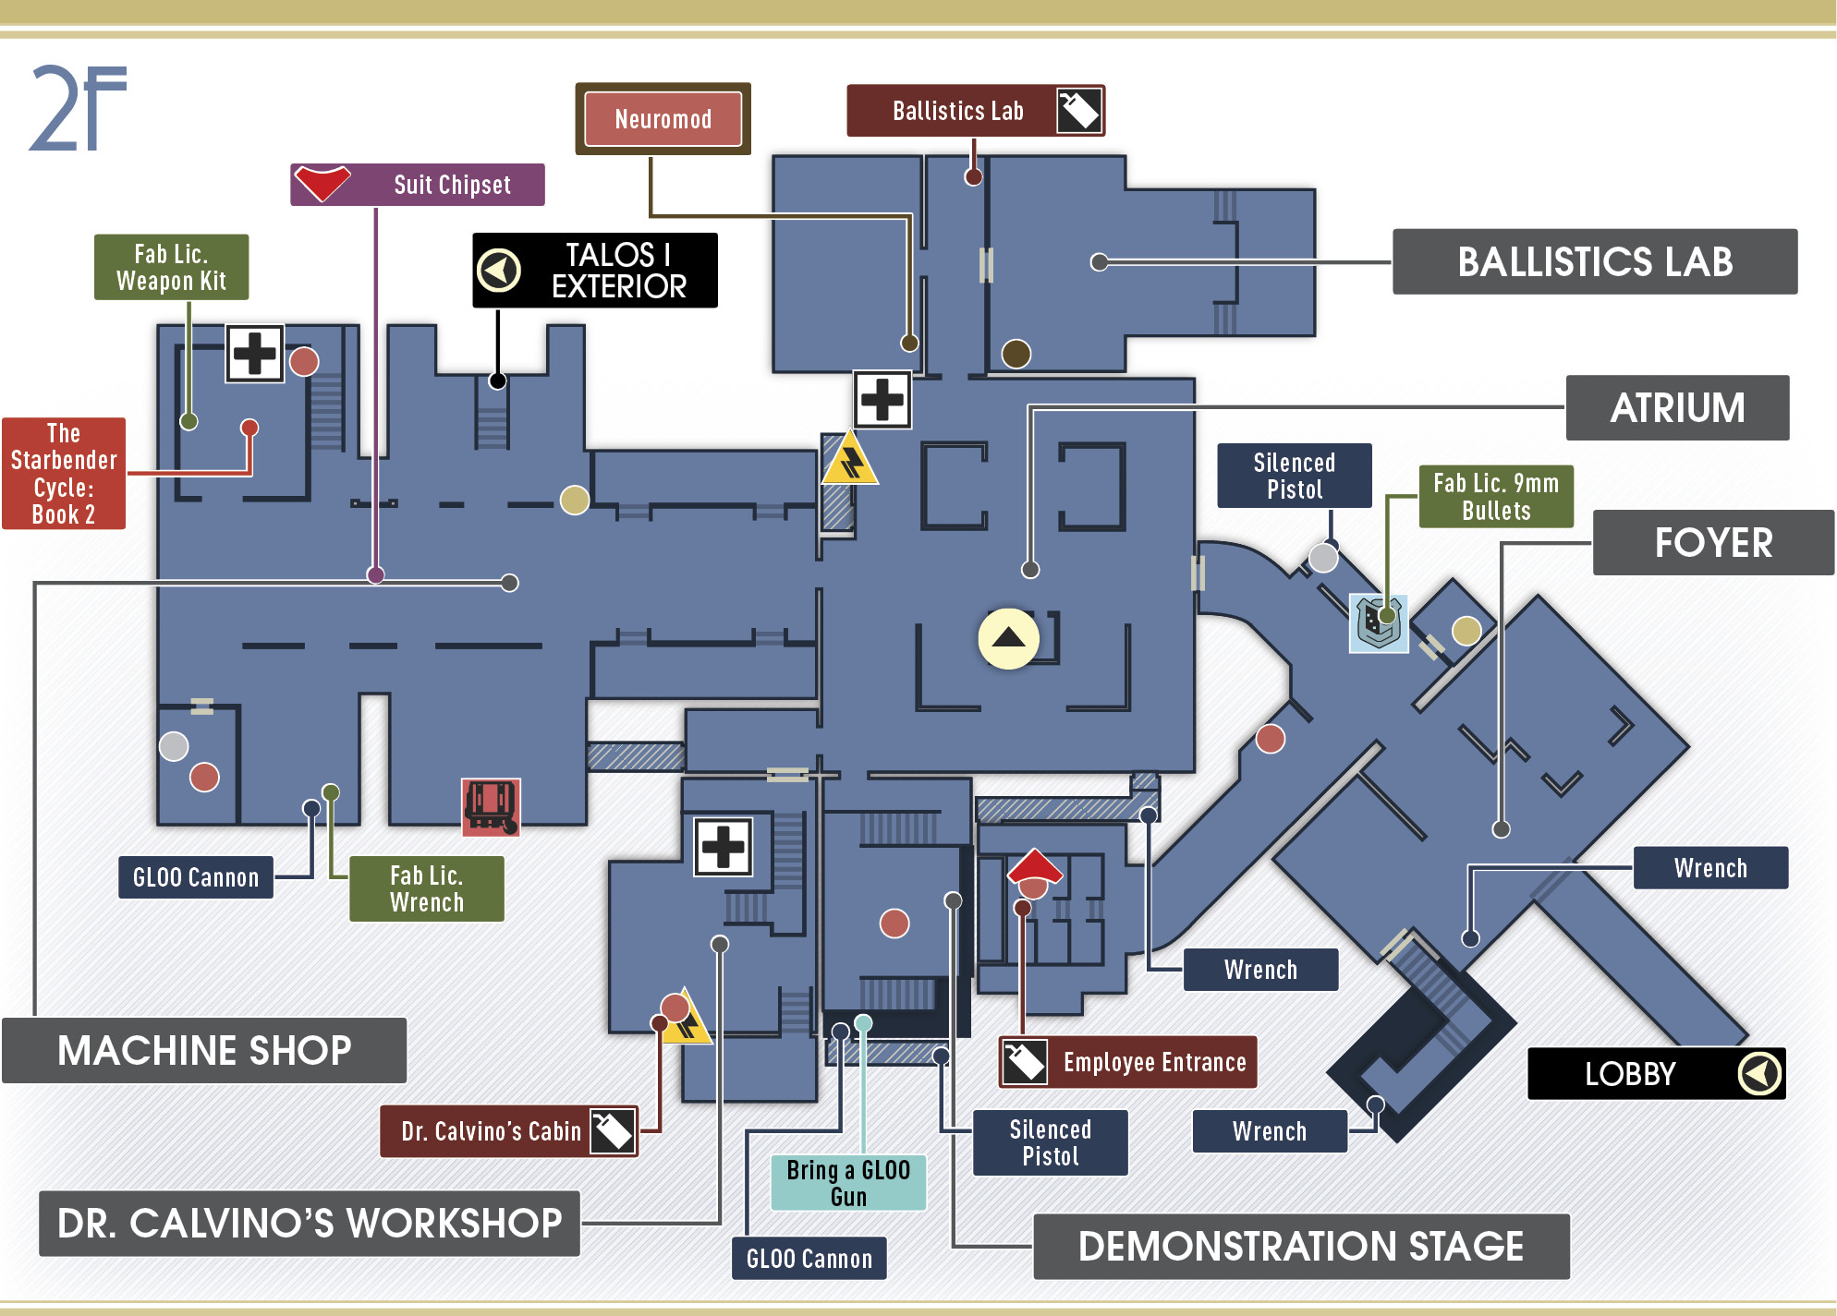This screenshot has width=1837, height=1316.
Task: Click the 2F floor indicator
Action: pos(78,108)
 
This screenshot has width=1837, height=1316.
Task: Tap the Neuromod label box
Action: pos(663,119)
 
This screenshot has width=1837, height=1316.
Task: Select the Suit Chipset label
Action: pos(418,185)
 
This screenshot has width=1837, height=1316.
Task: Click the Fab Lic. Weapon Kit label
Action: pos(171,267)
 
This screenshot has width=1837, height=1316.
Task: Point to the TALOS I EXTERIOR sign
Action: pos(595,270)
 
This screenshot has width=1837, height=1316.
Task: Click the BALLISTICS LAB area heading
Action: pos(1595,261)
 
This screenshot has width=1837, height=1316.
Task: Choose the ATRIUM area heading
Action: pos(1677,407)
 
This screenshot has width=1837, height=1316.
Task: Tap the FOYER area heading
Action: pos(1713,542)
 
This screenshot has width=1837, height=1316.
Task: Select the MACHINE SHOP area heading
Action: pos(204,1050)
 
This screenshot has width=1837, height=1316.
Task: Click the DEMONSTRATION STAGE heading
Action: pos(1301,1246)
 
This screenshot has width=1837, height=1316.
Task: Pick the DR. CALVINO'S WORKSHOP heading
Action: pos(310,1223)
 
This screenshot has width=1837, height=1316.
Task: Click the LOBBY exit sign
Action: pos(1657,1073)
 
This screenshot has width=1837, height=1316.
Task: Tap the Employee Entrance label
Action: pos(1128,1062)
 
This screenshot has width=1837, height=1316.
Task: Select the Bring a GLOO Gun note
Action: pos(848,1183)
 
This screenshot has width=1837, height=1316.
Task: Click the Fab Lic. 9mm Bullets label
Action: pos(1496,497)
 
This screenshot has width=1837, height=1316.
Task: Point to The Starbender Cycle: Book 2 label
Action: pos(64,474)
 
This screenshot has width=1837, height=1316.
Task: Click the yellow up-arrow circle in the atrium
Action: pos(1009,638)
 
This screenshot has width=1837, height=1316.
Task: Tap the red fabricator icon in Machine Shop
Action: pos(491,806)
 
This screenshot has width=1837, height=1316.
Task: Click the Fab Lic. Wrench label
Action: pos(427,888)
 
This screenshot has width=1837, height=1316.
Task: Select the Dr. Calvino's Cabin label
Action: pos(509,1131)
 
